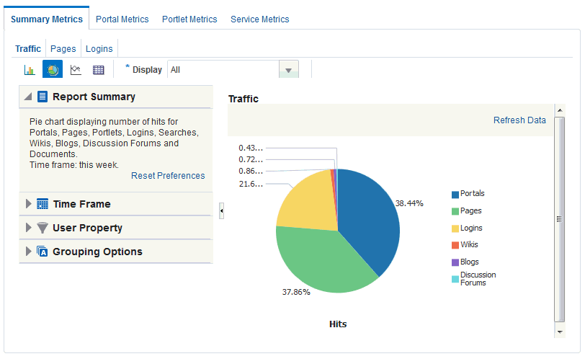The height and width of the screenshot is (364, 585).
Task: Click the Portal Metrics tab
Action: (x=122, y=19)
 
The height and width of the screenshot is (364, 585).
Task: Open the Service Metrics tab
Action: (x=259, y=19)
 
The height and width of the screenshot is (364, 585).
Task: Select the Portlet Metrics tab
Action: (x=189, y=19)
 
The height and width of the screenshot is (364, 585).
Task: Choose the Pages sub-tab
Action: (x=63, y=49)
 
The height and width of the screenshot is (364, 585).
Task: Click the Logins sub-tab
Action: (x=99, y=49)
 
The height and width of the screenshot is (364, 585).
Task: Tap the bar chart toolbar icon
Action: (x=30, y=70)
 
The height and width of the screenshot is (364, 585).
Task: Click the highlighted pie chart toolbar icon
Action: (x=53, y=69)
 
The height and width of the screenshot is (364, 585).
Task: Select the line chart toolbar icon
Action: (x=76, y=70)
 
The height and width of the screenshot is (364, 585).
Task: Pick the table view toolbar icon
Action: (x=99, y=70)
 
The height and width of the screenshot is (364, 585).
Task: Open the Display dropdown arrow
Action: (x=288, y=70)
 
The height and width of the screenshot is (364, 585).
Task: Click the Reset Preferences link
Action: (x=168, y=176)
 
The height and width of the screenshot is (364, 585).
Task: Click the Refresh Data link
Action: (x=519, y=120)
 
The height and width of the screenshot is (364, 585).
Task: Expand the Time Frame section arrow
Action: (x=28, y=204)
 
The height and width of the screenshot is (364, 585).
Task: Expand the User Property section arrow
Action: (x=28, y=228)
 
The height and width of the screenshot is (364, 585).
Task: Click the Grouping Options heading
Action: (x=97, y=252)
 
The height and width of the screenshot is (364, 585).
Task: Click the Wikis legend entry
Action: (x=465, y=245)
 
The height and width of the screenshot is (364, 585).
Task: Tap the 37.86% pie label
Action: (x=296, y=292)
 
